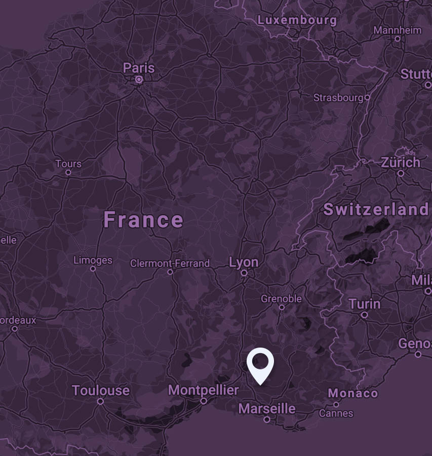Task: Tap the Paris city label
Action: pyautogui.click(x=139, y=68)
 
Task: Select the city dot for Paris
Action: pyautogui.click(x=139, y=80)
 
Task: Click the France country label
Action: pyautogui.click(x=143, y=220)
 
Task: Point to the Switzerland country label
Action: pyautogui.click(x=376, y=209)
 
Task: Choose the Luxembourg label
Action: pyautogui.click(x=297, y=20)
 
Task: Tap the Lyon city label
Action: pyautogui.click(x=244, y=262)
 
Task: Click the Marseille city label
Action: pyautogui.click(x=267, y=408)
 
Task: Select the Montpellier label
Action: pyautogui.click(x=203, y=390)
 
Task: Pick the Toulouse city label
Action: pyautogui.click(x=101, y=391)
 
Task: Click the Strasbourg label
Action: pyautogui.click(x=338, y=97)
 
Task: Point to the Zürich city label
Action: pyautogui.click(x=401, y=163)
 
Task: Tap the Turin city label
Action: pyautogui.click(x=365, y=304)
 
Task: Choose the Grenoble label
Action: pyautogui.click(x=281, y=299)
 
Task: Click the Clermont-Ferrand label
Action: pyautogui.click(x=170, y=263)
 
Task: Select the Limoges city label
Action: pyautogui.click(x=93, y=260)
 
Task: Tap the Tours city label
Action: pyautogui.click(x=68, y=164)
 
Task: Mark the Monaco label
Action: pyautogui.click(x=353, y=393)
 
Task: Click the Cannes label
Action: pyautogui.click(x=336, y=413)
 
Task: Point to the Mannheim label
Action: pyautogui.click(x=398, y=30)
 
